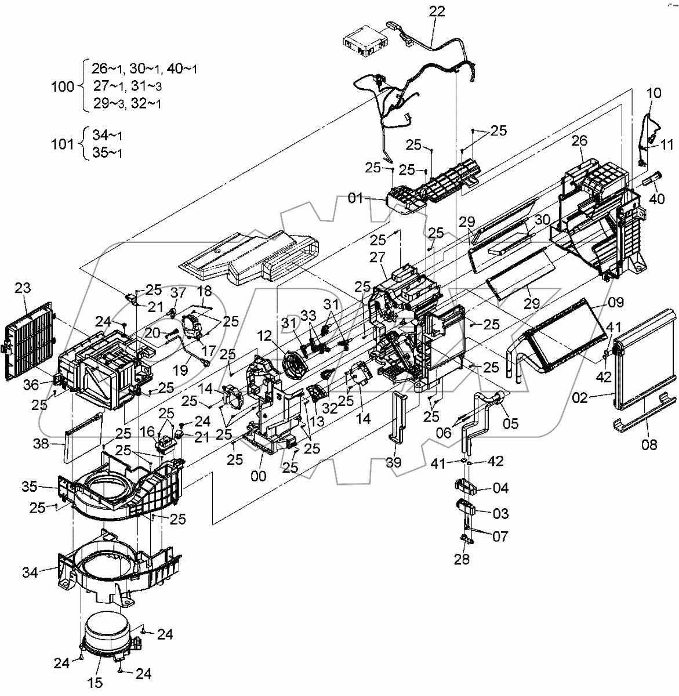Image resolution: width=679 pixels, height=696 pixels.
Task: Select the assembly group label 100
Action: coord(63,86)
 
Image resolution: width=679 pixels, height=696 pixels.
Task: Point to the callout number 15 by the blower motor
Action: coord(96,683)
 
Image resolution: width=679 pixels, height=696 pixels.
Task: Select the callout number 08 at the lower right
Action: coord(649,445)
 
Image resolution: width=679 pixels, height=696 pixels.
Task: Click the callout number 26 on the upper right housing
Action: coord(579,140)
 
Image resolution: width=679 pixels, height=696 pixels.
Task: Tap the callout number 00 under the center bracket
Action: coord(259,476)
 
